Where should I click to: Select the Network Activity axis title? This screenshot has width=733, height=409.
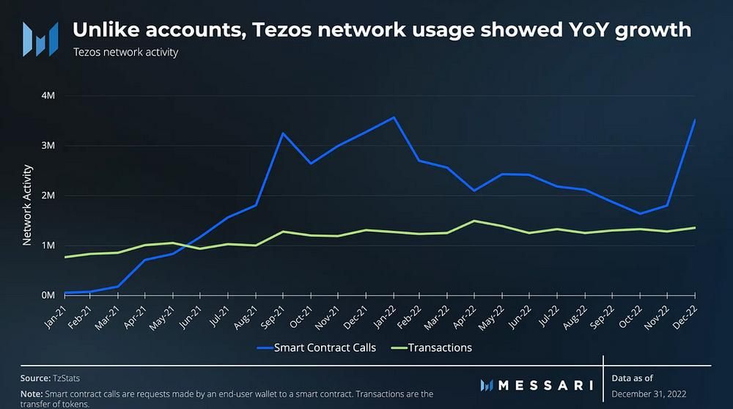click(x=26, y=204)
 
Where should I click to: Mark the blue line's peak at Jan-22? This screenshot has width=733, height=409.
click(x=394, y=117)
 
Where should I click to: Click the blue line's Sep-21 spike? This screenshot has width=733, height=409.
click(x=283, y=133)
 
